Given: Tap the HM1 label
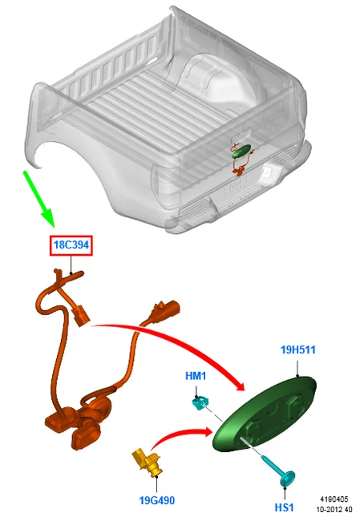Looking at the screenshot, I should click(196, 374).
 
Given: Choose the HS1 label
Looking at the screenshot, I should click(285, 507).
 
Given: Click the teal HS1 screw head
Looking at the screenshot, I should click(285, 478).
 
